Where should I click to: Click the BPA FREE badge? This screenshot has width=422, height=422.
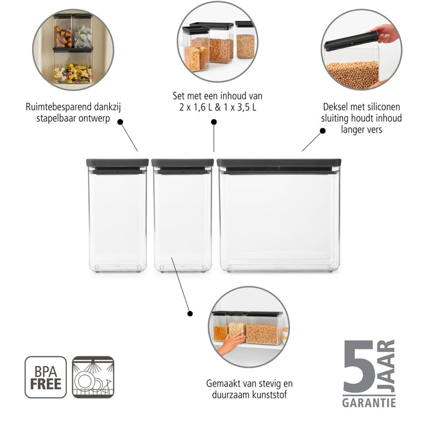tap(46, 377)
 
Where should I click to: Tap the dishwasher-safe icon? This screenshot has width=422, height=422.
tap(93, 377)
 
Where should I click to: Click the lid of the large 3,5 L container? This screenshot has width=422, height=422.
tap(279, 164)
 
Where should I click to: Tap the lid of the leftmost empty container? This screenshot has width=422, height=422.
tap(118, 164)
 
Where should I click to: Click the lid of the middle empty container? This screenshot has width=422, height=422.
tap(182, 164)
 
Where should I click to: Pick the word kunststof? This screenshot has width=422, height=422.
tap(269, 395)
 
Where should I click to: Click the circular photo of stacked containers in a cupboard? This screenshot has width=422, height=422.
tap(73, 49)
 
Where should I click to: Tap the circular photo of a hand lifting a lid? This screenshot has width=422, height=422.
tap(361, 49)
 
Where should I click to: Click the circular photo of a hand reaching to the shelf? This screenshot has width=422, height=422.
tap(248, 327)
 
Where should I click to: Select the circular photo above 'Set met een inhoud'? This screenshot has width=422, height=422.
tap(217, 42)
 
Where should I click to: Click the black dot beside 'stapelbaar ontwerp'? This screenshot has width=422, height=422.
tap(121, 122)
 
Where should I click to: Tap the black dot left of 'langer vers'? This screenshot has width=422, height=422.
tap(323, 130)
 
